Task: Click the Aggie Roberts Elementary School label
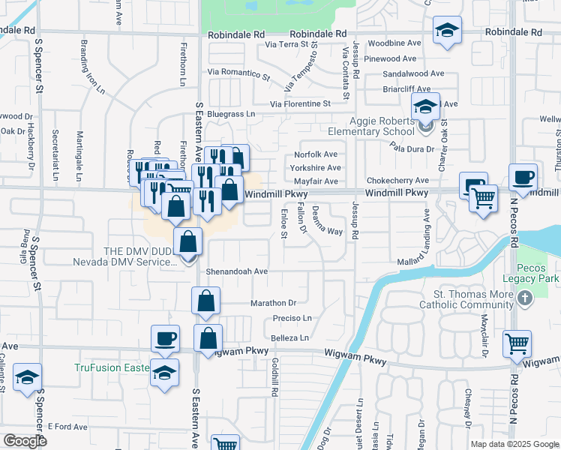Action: (x=382, y=127)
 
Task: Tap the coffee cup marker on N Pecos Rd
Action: (x=523, y=178)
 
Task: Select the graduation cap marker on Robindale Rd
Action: (x=447, y=30)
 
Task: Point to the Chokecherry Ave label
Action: (x=397, y=181)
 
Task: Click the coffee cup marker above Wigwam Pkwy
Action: (x=165, y=337)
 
